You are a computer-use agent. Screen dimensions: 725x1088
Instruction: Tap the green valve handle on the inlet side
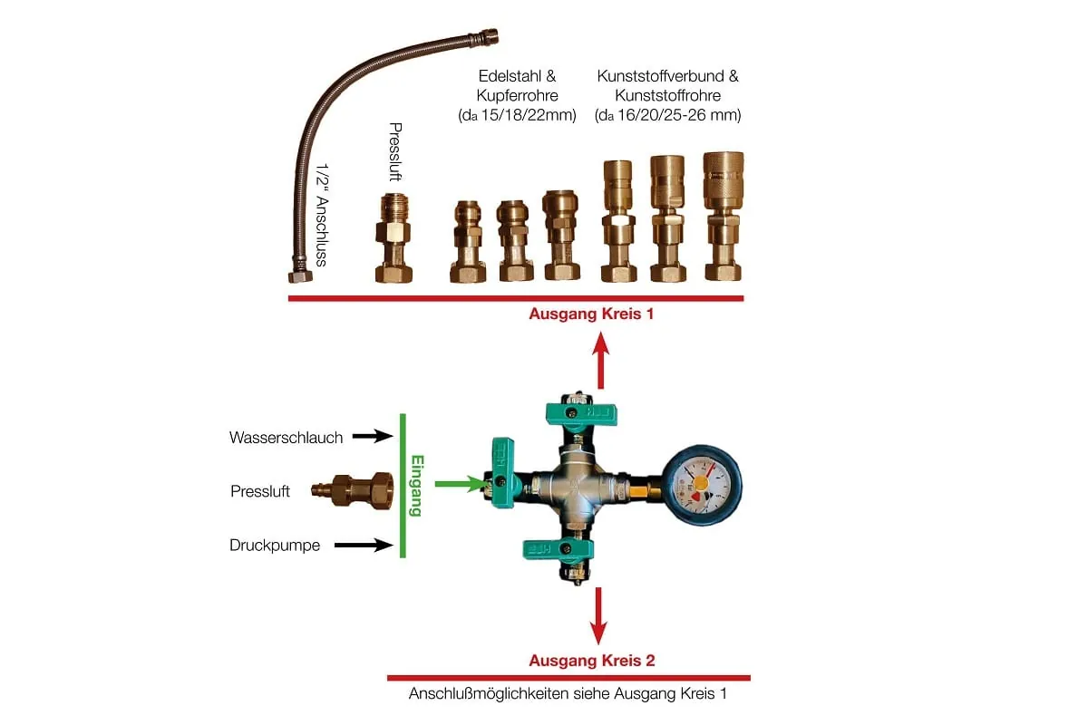(502, 472)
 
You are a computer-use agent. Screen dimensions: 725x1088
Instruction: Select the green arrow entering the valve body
(458, 484)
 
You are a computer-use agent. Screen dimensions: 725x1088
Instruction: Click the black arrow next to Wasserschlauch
(372, 437)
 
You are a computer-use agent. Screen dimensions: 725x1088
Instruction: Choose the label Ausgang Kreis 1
(591, 314)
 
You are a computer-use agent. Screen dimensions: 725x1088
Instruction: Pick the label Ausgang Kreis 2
(591, 661)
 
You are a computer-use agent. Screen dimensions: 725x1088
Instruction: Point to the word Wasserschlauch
(286, 438)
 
